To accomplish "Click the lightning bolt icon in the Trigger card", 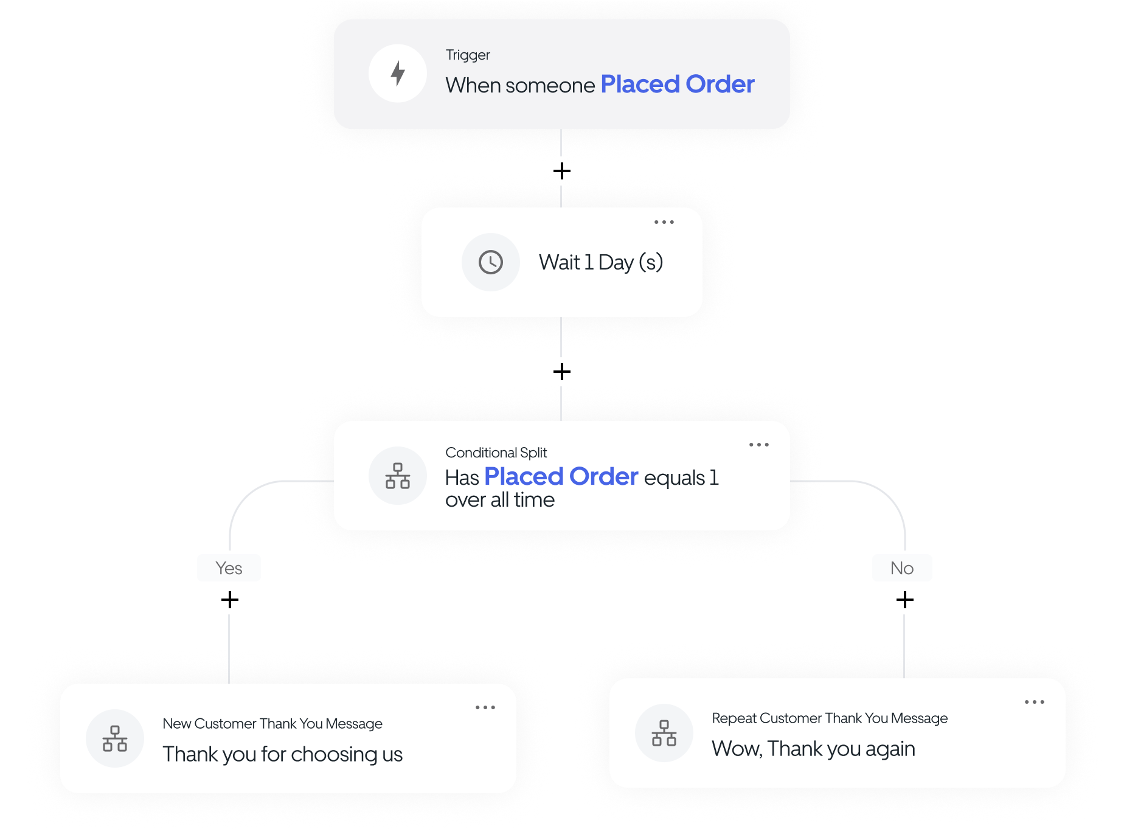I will (398, 74).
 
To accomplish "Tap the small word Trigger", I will (467, 55).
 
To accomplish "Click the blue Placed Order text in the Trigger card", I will (677, 84).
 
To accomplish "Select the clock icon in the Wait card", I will (490, 262).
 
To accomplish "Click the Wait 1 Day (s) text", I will (600, 262).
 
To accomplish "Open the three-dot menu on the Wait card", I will (664, 222).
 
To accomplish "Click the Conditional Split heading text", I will (496, 453).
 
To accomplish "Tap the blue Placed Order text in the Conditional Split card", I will (561, 476).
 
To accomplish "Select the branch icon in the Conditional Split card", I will (398, 476).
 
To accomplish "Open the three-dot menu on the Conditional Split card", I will (758, 445).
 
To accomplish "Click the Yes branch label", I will (229, 568).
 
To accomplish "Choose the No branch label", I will (901, 568).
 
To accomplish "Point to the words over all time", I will (499, 500).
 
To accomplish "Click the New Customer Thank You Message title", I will (272, 723).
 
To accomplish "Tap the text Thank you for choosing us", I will (282, 754).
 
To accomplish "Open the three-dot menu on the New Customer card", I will (485, 707).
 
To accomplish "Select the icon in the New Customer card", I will (115, 738).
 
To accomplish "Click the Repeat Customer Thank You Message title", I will (829, 718).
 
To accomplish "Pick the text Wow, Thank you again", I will (813, 749).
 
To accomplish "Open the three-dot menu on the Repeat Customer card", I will (1034, 702).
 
